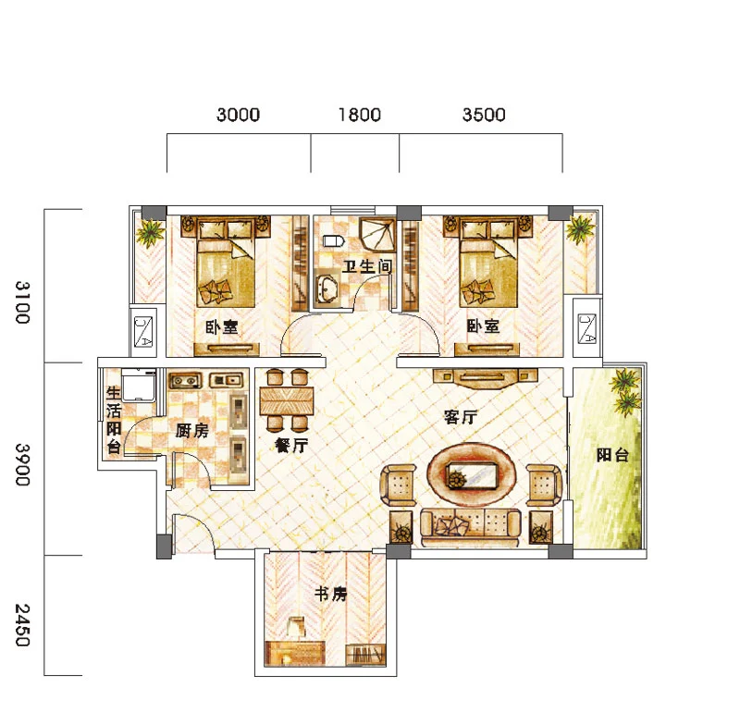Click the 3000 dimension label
[238, 115]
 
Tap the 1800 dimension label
[360, 115]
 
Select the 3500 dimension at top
[484, 115]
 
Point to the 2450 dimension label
[22, 625]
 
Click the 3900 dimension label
[22, 464]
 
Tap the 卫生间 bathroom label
[366, 266]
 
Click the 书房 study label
[330, 594]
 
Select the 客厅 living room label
[461, 417]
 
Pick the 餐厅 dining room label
[291, 446]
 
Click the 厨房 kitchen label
[191, 430]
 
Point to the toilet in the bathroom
[333, 241]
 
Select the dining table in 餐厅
[287, 401]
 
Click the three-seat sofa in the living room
[471, 527]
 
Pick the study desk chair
[296, 627]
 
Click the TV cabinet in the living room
[485, 377]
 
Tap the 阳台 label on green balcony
[612, 455]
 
